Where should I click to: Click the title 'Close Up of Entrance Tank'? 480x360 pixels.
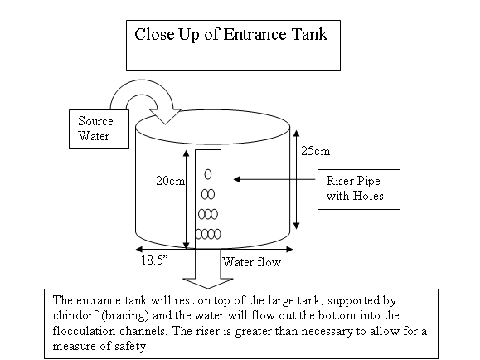(x=230, y=34)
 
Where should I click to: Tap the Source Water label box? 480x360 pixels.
(x=99, y=129)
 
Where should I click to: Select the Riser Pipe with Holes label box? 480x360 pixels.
(x=359, y=189)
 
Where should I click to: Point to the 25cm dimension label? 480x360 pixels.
(x=315, y=151)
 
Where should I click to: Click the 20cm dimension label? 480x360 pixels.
(x=170, y=181)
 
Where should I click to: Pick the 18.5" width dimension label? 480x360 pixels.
(x=154, y=260)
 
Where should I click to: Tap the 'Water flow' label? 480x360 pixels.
(x=252, y=262)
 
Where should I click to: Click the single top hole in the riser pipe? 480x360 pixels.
(x=208, y=174)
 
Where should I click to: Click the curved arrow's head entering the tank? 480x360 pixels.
(x=165, y=116)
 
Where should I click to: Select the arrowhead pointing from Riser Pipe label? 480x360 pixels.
(x=236, y=179)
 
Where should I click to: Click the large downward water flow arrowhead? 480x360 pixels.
(x=208, y=284)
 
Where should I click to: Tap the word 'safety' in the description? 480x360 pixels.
(x=130, y=347)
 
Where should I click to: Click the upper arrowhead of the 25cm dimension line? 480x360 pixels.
(x=296, y=134)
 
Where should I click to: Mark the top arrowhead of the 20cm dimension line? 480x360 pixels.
(x=186, y=153)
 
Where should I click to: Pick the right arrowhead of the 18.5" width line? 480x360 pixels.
(x=289, y=249)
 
